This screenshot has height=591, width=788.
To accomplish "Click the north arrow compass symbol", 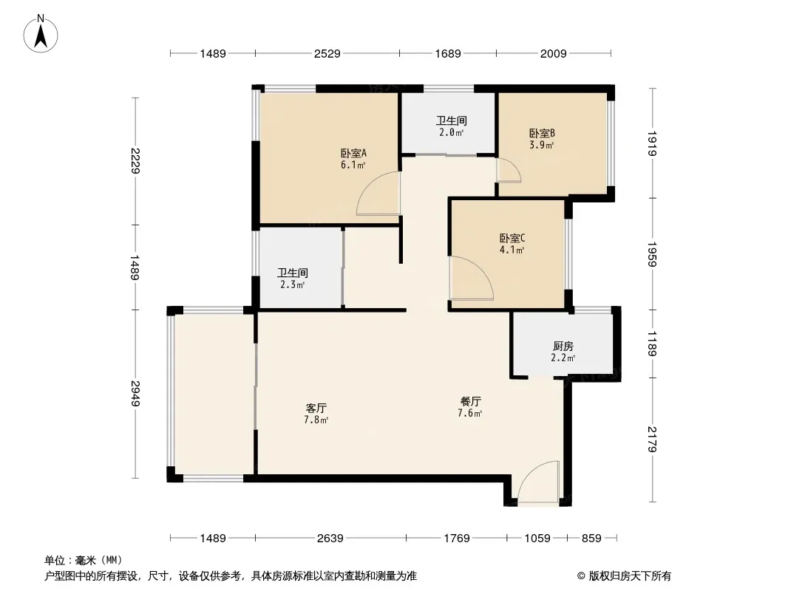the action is click(x=41, y=34).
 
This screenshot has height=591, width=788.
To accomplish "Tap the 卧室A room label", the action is click(x=353, y=153).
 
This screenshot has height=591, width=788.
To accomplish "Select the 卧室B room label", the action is click(x=542, y=134).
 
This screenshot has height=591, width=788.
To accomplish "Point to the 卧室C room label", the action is click(x=512, y=238).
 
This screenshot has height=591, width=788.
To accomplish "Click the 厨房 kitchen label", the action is click(x=563, y=346).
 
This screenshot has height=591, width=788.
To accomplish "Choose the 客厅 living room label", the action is click(x=316, y=408).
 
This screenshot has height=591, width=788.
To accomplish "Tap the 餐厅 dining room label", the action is click(x=470, y=401).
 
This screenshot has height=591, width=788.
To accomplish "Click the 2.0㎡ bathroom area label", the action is click(x=451, y=132).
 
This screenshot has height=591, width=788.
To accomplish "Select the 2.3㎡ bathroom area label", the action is click(x=293, y=284).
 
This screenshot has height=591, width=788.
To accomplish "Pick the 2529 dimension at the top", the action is click(x=327, y=53).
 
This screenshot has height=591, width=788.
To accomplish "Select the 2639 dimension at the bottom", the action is click(x=330, y=539).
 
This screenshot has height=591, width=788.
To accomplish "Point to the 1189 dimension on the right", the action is click(x=652, y=344).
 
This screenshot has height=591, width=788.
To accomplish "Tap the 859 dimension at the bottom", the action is click(x=591, y=539).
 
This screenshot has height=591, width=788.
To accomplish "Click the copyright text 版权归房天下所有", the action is click(x=630, y=576).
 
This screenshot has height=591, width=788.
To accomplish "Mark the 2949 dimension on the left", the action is click(x=135, y=394).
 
